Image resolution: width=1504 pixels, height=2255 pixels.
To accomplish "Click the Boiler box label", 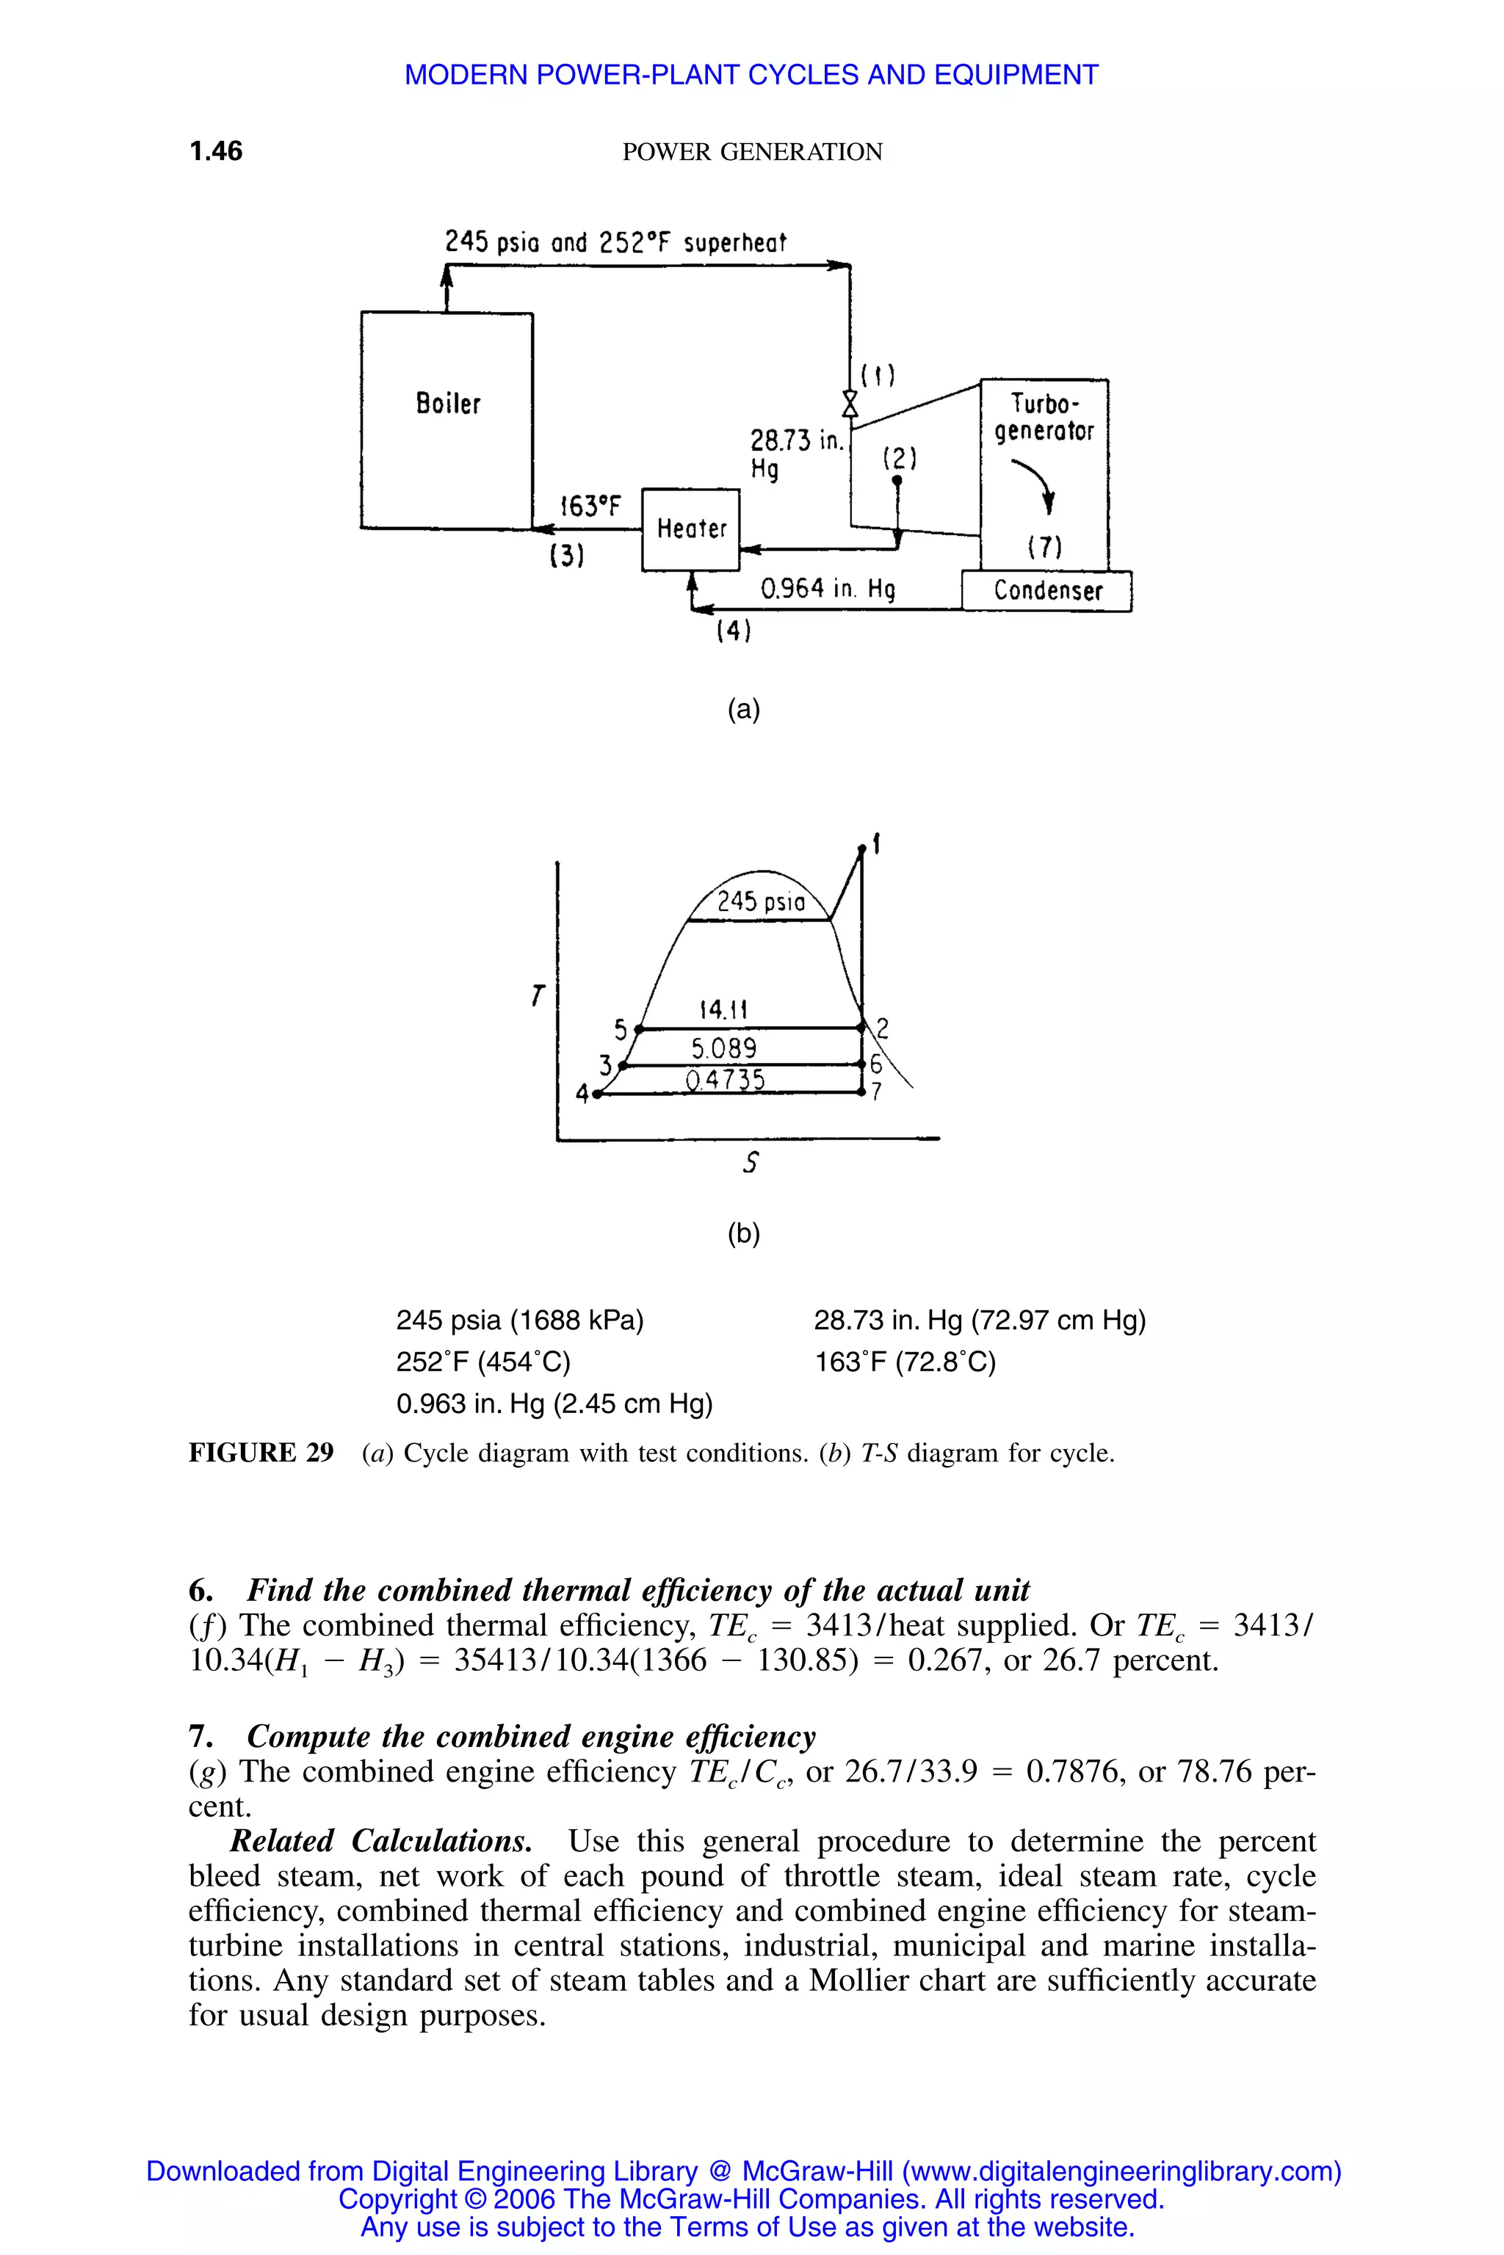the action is (x=448, y=403).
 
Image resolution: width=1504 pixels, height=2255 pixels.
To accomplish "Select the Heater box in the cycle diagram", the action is (x=690, y=529).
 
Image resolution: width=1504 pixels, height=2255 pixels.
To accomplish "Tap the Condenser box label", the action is (x=1047, y=591).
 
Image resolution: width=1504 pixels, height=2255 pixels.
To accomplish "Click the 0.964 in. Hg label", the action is (x=827, y=588).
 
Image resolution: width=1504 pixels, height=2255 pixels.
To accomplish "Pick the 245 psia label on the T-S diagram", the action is (x=761, y=901).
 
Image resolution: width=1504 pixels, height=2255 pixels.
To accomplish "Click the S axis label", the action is (x=751, y=1163).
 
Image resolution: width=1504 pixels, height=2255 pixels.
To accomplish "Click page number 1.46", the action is (x=216, y=150).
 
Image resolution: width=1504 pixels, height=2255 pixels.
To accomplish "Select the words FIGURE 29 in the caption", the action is (x=261, y=1453).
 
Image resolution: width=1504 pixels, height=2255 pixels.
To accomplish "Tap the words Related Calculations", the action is (x=381, y=1842).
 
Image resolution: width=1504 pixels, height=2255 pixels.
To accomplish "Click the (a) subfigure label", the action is (x=743, y=710).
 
